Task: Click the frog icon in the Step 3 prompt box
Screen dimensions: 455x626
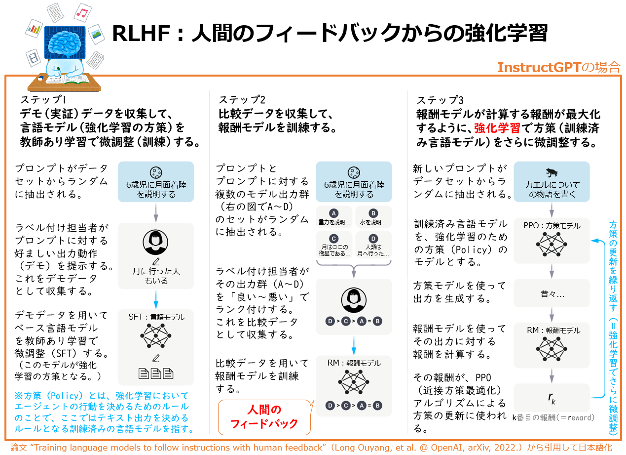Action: (552, 172)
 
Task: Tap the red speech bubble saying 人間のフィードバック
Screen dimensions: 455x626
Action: (264, 416)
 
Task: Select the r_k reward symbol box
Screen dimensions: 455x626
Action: (552, 397)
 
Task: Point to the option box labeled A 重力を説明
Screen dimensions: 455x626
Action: (334, 217)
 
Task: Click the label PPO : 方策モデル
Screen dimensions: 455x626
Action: (552, 226)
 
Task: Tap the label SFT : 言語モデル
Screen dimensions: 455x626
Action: (156, 317)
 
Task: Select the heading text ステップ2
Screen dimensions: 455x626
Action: (242, 99)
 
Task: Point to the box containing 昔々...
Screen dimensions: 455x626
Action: (552, 293)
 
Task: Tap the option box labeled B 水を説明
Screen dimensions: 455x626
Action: (373, 217)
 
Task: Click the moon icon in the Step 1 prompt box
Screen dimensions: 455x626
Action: (156, 172)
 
